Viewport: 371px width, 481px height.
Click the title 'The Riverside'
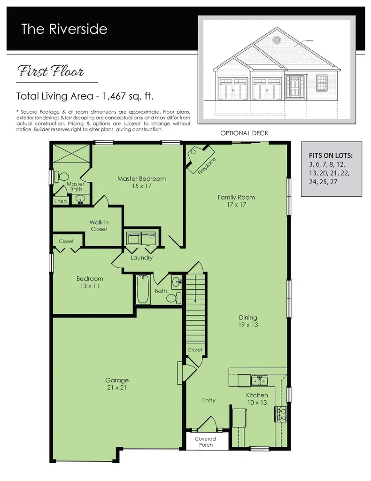click(x=64, y=29)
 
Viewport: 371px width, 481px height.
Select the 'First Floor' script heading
click(x=51, y=72)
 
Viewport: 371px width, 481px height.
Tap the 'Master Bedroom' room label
click(x=141, y=182)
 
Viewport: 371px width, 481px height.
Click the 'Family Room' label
click(x=236, y=201)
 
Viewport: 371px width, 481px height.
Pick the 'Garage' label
click(x=117, y=383)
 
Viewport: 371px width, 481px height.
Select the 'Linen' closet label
click(x=61, y=201)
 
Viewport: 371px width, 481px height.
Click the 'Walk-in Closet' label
click(x=99, y=225)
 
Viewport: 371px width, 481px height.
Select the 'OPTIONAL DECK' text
click(x=244, y=133)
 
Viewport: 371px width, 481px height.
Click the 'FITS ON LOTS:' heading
click(x=331, y=155)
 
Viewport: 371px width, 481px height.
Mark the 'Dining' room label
click(x=248, y=321)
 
